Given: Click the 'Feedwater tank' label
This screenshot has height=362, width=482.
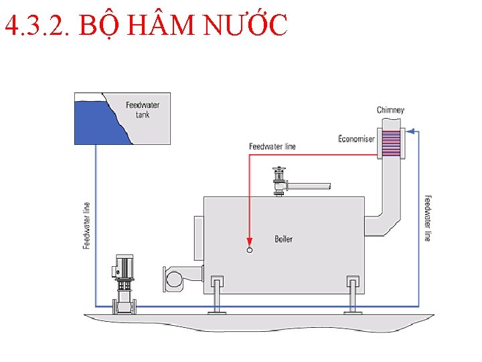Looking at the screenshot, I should tap(143, 109).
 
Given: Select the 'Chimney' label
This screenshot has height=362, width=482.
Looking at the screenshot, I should tap(390, 110).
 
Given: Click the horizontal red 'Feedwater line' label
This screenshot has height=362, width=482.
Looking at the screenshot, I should tap(272, 146).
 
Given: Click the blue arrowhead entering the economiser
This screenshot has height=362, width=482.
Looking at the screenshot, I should tap(410, 131).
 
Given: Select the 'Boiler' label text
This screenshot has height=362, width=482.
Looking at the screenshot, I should tap(283, 239).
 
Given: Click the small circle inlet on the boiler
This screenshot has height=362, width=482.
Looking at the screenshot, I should tap(250, 250).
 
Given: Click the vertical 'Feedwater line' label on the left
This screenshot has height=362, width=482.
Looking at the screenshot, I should tap(86, 225).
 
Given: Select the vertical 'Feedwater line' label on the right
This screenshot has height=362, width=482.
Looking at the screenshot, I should tap(427, 219).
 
